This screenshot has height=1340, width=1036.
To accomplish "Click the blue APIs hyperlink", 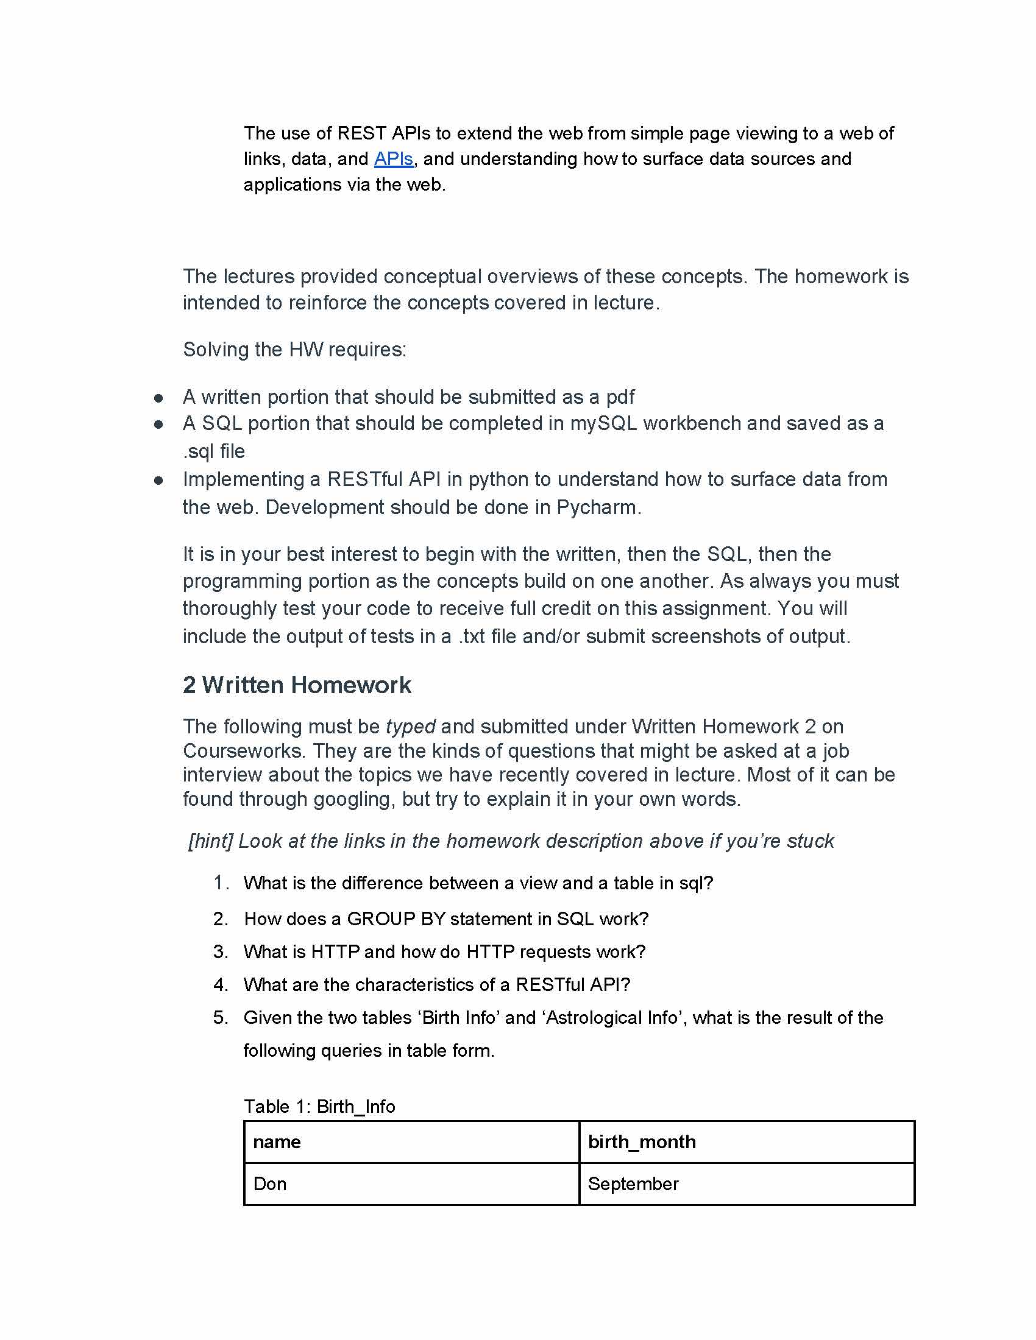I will (x=394, y=159).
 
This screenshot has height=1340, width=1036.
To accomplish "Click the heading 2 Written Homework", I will (x=296, y=685).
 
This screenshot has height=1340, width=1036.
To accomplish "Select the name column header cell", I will (x=277, y=1142).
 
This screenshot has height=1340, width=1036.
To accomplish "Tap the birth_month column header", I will (x=641, y=1142).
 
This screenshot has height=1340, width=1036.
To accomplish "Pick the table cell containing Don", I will (x=270, y=1183).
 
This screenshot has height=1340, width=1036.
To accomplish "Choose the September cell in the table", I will (x=633, y=1183).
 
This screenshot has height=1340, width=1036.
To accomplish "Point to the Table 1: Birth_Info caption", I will (x=319, y=1106).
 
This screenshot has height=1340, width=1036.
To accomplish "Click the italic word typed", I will (x=410, y=727).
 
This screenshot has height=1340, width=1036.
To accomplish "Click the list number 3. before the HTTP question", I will (x=221, y=951).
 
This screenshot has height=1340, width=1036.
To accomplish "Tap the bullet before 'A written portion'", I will (x=158, y=398).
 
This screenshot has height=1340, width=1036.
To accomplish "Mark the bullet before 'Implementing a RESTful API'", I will (x=158, y=481).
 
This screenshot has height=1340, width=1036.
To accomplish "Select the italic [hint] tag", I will (x=210, y=841).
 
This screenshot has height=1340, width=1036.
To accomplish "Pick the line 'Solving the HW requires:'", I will (x=294, y=350).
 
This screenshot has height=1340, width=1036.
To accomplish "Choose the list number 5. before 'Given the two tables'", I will (x=221, y=1018).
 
